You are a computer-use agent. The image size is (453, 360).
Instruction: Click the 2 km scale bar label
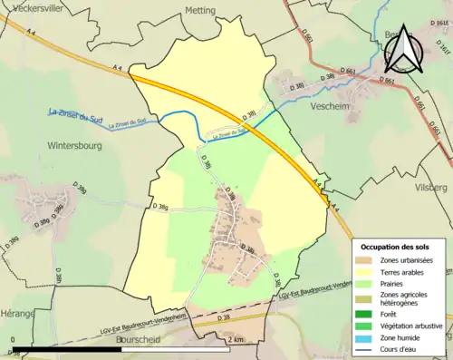tap(236, 339)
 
